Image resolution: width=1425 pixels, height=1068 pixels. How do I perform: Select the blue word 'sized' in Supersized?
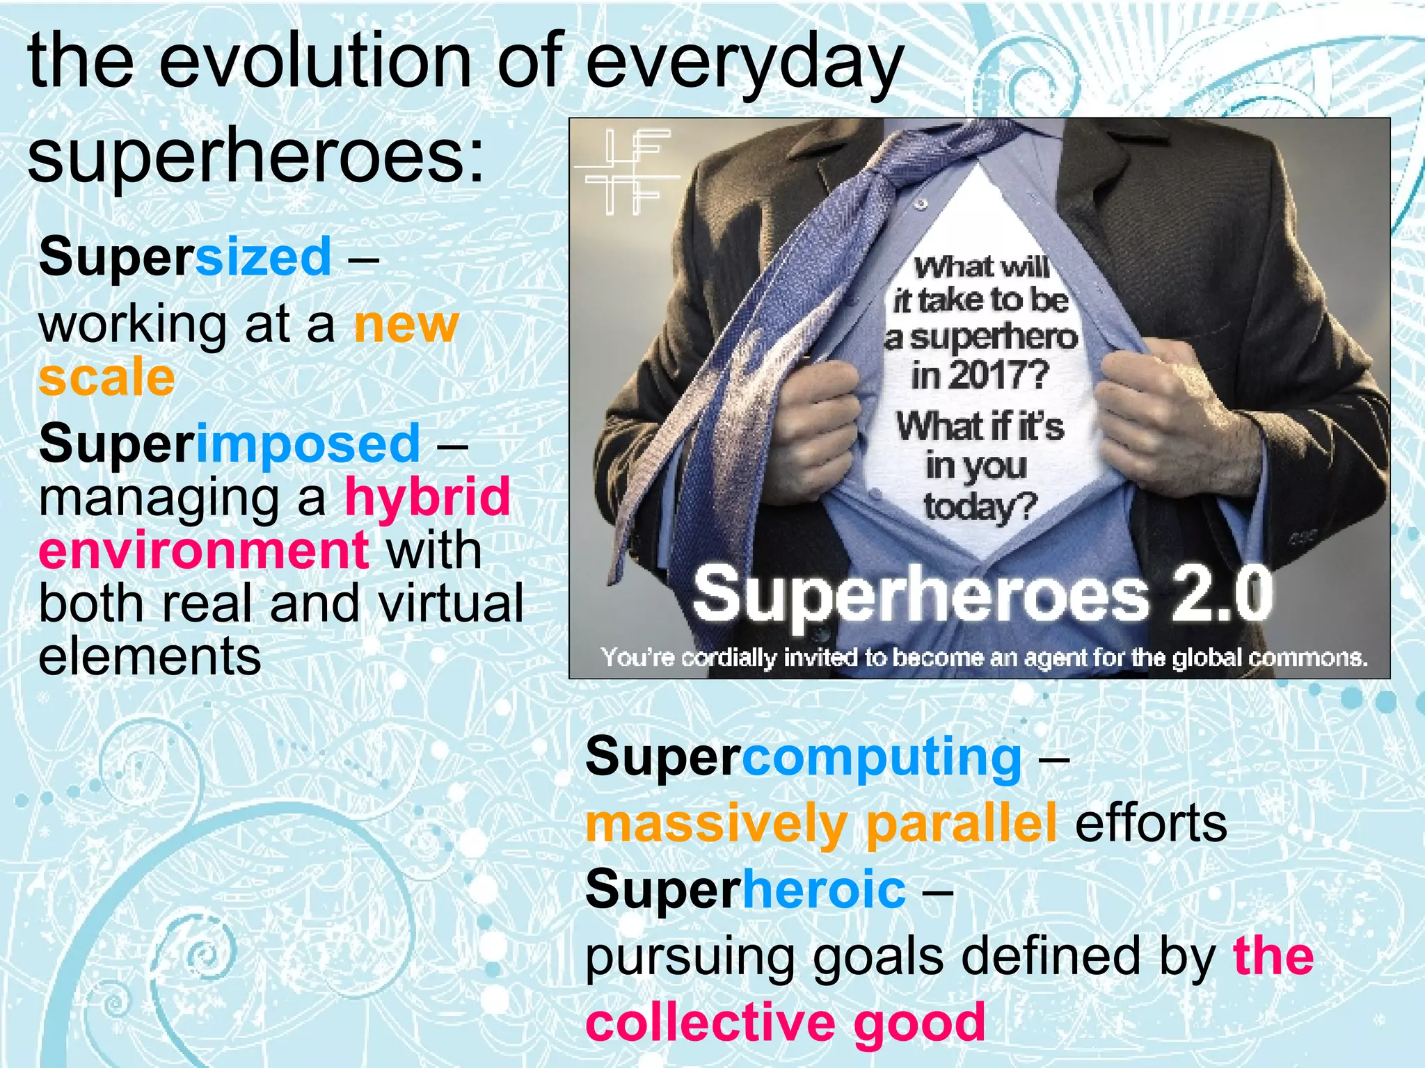point(263,257)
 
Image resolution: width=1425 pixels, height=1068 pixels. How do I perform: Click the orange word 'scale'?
point(106,378)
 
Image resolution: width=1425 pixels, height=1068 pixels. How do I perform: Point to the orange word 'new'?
point(406,324)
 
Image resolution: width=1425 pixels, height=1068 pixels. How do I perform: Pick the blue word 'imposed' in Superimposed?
point(308,444)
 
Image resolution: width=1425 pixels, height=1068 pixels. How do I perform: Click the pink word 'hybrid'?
point(428,496)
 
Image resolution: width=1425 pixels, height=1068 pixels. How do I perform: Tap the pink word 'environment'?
point(203,550)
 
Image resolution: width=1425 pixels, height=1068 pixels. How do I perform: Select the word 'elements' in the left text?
point(150,656)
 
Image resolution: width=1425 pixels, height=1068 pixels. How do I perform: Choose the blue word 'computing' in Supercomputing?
point(882,756)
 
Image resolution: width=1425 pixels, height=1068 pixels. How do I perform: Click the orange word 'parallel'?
point(962,823)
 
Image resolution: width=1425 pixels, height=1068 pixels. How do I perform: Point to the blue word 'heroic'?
point(825,889)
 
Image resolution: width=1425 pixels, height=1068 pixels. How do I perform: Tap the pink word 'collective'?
point(710,1022)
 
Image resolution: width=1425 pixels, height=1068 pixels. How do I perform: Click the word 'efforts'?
point(1151,823)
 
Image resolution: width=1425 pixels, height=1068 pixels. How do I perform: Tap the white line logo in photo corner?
point(626,170)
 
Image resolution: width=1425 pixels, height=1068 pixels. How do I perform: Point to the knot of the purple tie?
point(932,153)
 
